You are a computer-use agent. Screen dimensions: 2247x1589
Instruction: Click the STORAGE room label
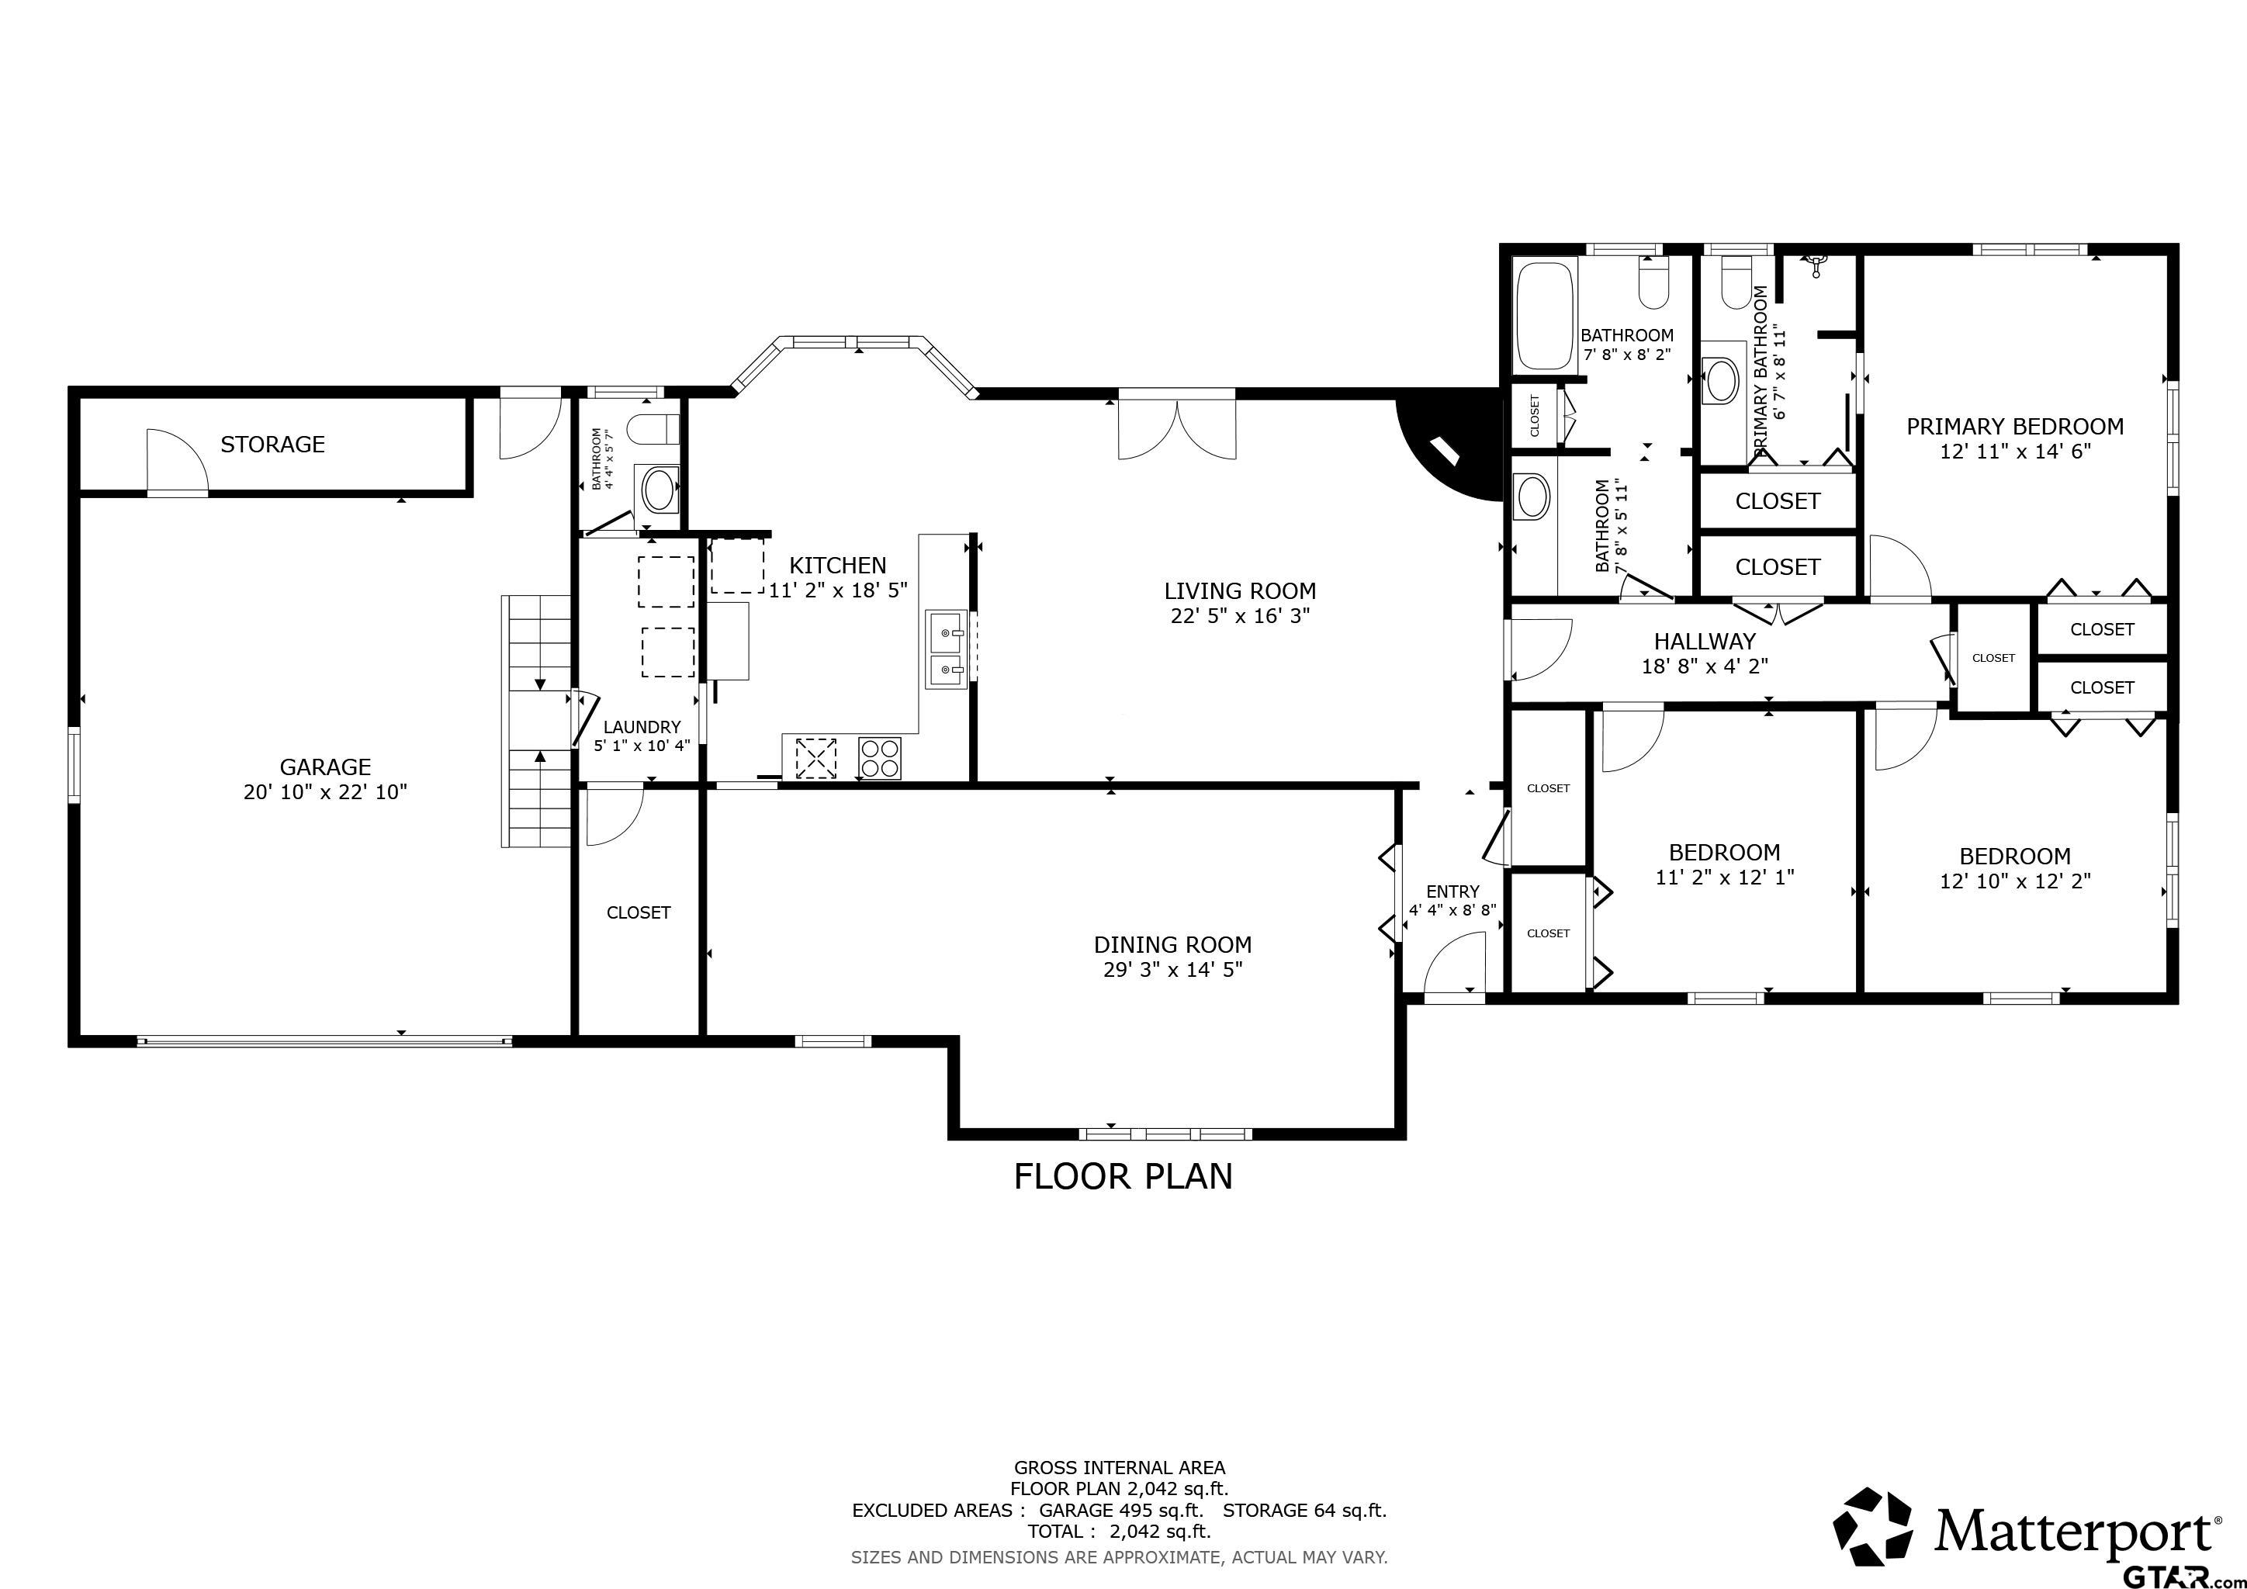tap(272, 445)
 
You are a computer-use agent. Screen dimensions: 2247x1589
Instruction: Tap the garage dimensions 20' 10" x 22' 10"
tap(325, 791)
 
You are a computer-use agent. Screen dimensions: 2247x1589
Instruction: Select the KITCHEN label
tap(838, 566)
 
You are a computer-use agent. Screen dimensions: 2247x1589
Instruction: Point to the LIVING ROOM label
tap(1240, 591)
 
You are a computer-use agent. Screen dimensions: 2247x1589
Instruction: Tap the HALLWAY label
tap(1705, 642)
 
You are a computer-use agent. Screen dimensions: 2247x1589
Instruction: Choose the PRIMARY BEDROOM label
tap(2015, 427)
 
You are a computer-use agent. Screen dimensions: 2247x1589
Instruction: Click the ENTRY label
tap(1452, 891)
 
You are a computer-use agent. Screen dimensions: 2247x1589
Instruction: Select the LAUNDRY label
tap(642, 727)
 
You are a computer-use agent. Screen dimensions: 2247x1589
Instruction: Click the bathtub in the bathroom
tap(1546, 315)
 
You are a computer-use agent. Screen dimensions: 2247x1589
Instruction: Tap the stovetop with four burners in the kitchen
tap(879, 758)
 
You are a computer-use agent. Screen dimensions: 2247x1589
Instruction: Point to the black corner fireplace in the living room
tap(1453, 445)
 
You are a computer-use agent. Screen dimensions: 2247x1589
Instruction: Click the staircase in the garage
tap(536, 721)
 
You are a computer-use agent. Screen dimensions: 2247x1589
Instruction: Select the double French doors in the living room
tap(1177, 424)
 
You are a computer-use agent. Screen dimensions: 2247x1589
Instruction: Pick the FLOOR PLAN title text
tap(1123, 1176)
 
